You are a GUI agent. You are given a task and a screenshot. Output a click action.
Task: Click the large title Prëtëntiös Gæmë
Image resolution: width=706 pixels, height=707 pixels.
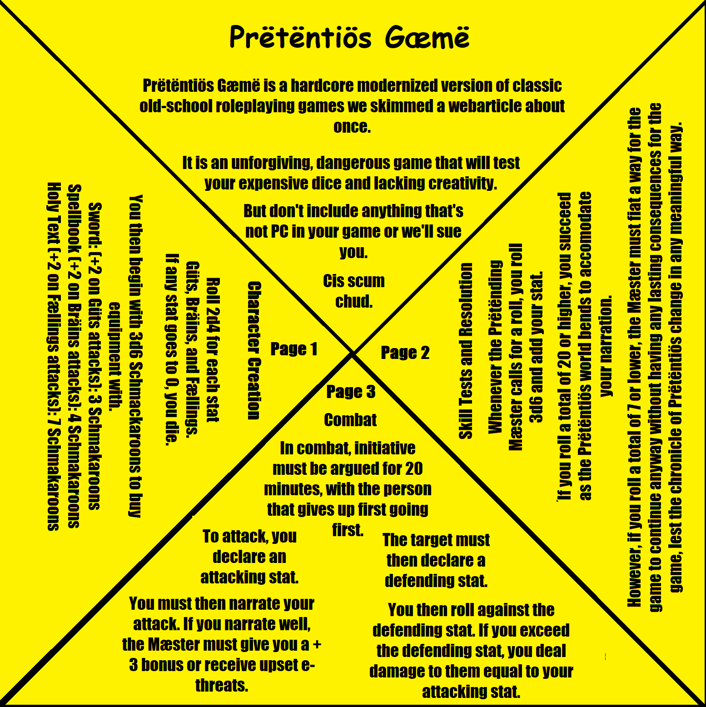tap(349, 37)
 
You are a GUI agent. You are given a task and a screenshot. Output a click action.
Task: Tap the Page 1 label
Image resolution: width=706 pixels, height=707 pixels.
tap(294, 349)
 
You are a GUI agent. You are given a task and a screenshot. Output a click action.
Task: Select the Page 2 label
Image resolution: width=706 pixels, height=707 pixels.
tap(405, 353)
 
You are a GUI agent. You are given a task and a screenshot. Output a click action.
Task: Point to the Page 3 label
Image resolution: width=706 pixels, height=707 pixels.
tap(351, 392)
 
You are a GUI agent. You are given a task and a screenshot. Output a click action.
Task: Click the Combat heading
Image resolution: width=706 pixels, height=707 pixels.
tap(350, 420)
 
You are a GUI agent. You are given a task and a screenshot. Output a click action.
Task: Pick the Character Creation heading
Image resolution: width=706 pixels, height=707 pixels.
tap(254, 350)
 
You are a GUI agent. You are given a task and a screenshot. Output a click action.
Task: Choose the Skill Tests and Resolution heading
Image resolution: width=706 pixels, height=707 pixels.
tap(466, 351)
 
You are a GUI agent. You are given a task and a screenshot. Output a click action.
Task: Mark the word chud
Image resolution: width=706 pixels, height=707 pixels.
tap(354, 301)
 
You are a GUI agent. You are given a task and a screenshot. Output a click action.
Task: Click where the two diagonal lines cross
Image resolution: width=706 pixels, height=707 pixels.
tap(353, 353)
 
